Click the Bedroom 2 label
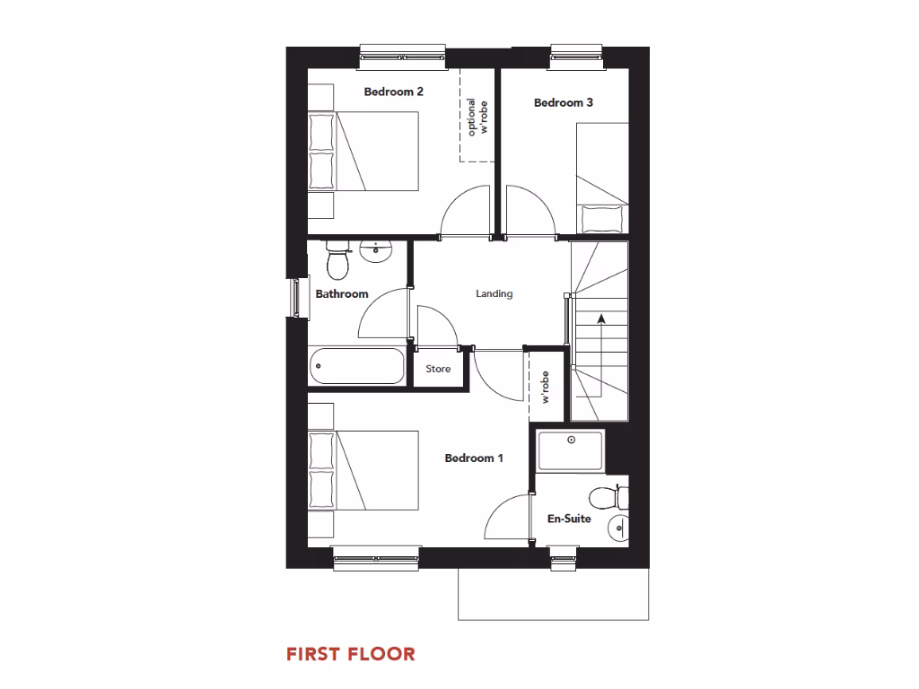[393, 92]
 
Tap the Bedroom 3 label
[564, 102]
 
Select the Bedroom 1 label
[474, 458]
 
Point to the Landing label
[495, 293]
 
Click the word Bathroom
[342, 294]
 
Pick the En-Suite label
[569, 518]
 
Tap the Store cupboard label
[438, 369]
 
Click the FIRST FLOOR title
[351, 654]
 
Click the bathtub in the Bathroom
[356, 366]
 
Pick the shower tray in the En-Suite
[571, 450]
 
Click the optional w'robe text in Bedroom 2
[478, 117]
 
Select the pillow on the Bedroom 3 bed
[601, 219]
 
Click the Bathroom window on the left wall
[293, 297]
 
